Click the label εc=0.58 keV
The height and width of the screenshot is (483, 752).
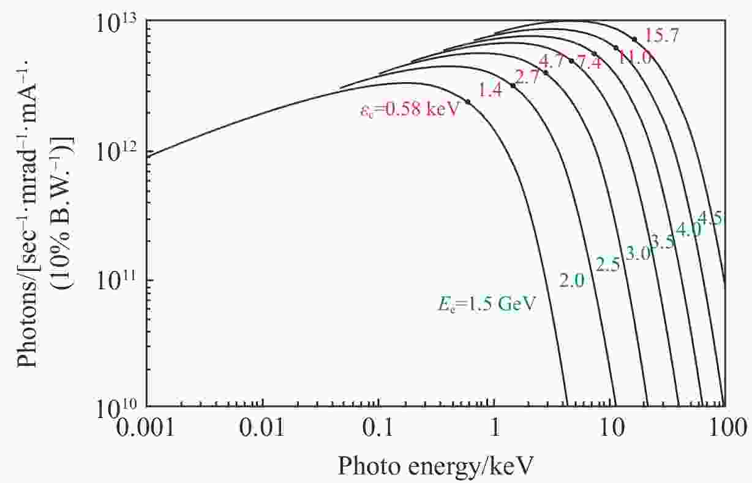tap(409, 112)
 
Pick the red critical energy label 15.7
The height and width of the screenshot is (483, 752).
tap(661, 36)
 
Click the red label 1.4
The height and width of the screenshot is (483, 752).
tap(491, 91)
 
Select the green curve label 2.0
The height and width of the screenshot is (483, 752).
tap(573, 280)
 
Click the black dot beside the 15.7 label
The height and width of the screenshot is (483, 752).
tap(634, 39)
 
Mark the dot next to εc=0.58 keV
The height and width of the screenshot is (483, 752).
tap(468, 102)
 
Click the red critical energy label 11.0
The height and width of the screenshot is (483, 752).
tap(634, 58)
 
